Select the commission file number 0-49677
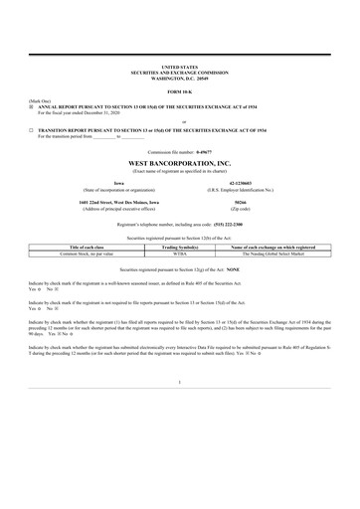point(205,149)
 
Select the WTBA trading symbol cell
point(180,254)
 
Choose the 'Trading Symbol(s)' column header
point(180,247)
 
